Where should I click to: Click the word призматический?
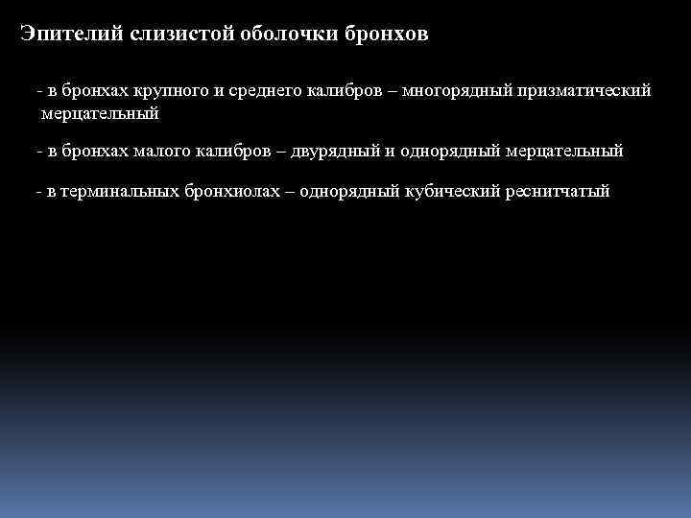(584, 92)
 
